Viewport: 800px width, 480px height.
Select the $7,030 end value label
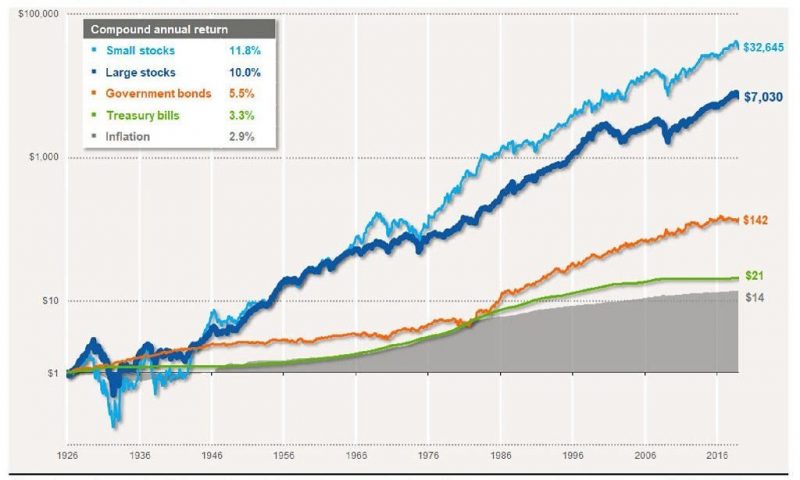pyautogui.click(x=766, y=97)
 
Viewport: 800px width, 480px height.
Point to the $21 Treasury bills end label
pyautogui.click(x=755, y=276)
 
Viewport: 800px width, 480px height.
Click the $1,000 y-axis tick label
pyautogui.click(x=41, y=158)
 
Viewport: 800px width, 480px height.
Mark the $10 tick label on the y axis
pyautogui.click(x=48, y=301)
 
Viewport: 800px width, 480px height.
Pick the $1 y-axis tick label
pyautogui.click(x=51, y=373)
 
